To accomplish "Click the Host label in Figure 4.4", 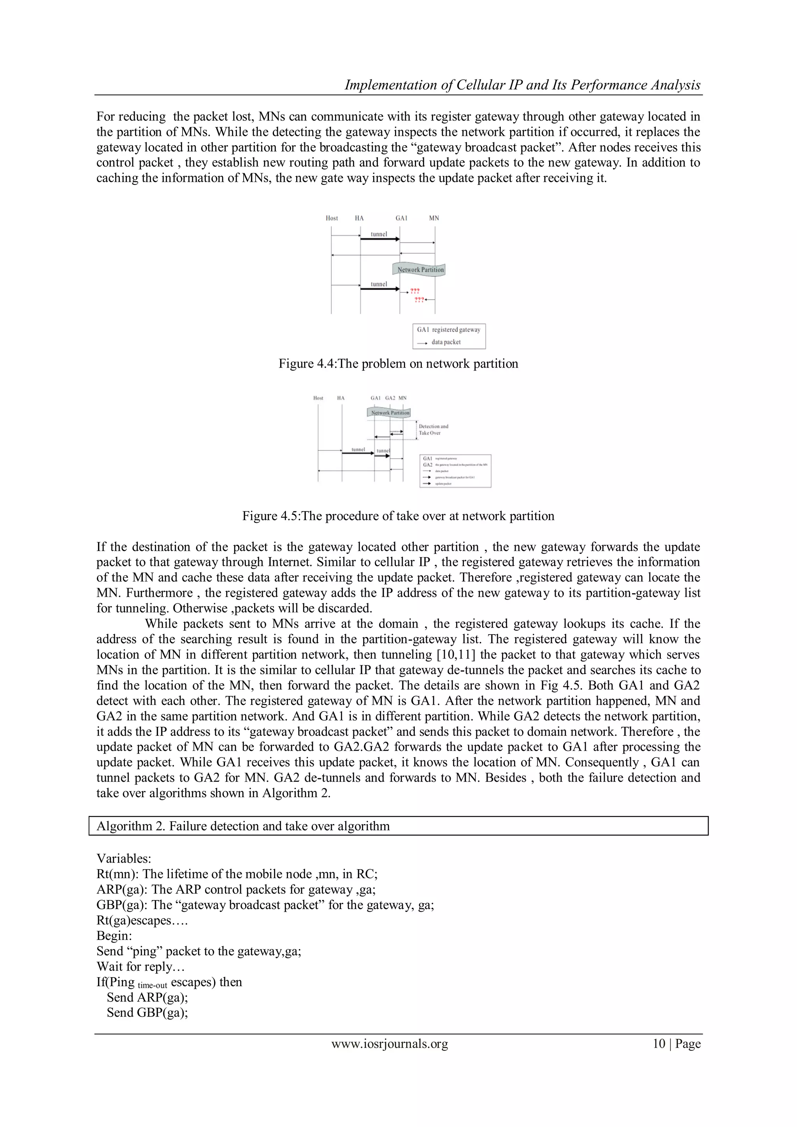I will [x=332, y=218].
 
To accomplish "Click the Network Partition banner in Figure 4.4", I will [x=420, y=269].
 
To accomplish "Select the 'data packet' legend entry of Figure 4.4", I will [x=446, y=342].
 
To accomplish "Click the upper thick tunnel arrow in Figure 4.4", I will [x=380, y=239].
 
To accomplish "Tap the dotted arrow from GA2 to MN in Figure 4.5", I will [x=397, y=432].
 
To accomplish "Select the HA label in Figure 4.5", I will [x=341, y=398].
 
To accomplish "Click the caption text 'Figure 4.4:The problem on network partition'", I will [x=398, y=364].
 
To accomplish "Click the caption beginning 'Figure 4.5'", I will [x=398, y=516].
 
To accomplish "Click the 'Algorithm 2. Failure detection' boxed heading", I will [x=243, y=826].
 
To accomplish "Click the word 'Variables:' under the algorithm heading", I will [x=124, y=858].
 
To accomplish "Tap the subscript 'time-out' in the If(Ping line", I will [x=152, y=985].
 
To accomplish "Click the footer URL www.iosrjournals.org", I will [x=390, y=1044].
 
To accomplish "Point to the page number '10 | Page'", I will [x=676, y=1044].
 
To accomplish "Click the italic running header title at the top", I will [x=522, y=85].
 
